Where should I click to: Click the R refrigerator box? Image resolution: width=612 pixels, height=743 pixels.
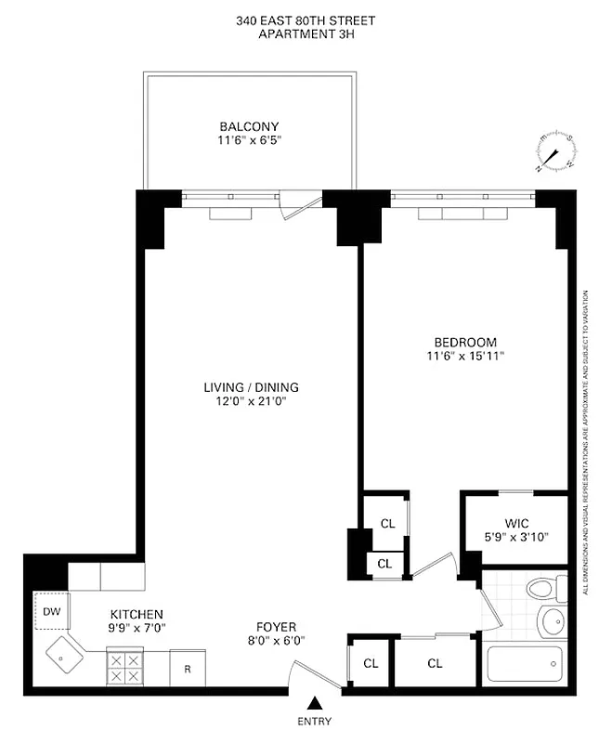click(187, 668)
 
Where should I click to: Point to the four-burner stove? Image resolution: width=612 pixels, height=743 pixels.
click(124, 668)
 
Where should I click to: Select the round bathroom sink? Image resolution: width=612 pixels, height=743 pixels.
click(553, 619)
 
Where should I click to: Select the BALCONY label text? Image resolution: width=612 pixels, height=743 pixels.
click(249, 126)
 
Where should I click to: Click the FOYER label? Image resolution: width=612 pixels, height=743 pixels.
click(276, 627)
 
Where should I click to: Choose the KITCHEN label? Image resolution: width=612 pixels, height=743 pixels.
click(137, 615)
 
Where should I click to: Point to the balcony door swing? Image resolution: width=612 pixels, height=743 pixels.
click(295, 205)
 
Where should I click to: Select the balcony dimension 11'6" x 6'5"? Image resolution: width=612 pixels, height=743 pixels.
click(249, 141)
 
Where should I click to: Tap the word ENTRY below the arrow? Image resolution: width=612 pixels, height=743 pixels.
click(316, 722)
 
